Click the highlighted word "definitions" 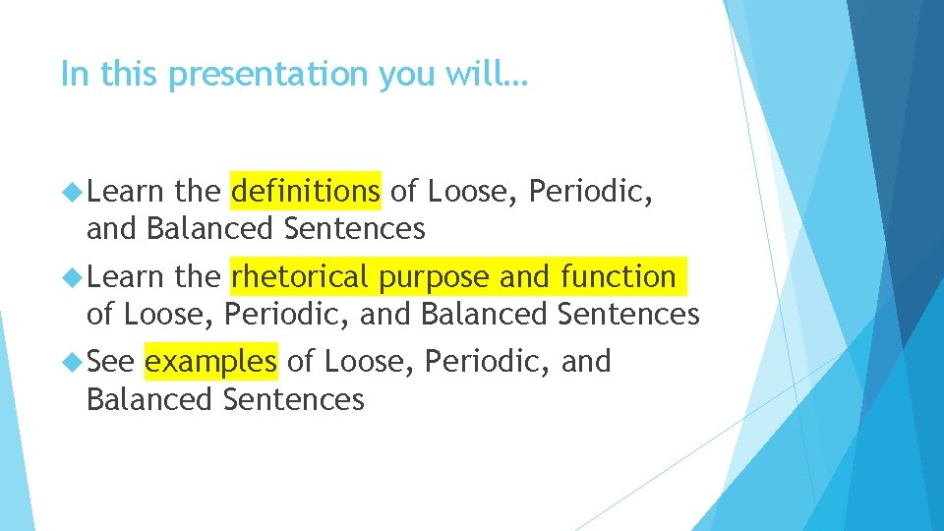[x=305, y=190]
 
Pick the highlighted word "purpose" [x=436, y=278]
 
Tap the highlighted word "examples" [x=210, y=363]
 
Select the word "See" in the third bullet [x=110, y=363]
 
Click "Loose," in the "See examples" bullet [x=370, y=363]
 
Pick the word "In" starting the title [x=72, y=74]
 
